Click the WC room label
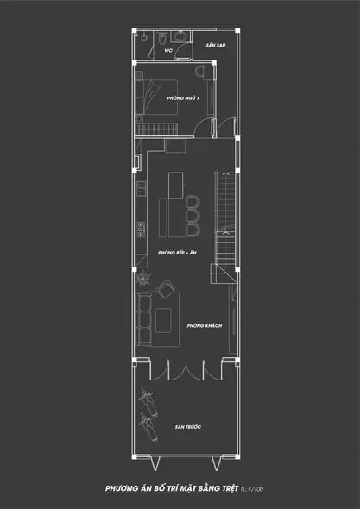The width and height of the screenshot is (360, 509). [168, 51]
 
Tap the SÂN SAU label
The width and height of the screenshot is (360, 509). [216, 45]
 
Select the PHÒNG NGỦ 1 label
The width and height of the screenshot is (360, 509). [183, 98]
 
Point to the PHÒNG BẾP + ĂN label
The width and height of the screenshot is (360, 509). [177, 253]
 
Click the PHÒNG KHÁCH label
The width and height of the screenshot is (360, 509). [205, 325]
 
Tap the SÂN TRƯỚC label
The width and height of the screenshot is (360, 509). [188, 427]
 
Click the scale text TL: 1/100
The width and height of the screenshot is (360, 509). [251, 489]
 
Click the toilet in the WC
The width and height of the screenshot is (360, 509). [162, 39]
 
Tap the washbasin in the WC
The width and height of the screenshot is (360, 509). [180, 36]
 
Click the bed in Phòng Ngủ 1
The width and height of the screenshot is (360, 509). [157, 97]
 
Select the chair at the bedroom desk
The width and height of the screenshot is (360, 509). [199, 71]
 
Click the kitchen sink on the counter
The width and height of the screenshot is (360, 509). [141, 189]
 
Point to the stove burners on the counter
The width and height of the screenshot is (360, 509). [141, 229]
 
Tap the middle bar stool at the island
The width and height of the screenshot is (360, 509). [193, 215]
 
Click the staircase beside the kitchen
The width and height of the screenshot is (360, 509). [224, 221]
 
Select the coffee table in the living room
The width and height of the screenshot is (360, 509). [163, 320]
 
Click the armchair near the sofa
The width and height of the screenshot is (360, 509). [166, 290]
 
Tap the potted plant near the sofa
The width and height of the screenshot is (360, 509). [143, 278]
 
